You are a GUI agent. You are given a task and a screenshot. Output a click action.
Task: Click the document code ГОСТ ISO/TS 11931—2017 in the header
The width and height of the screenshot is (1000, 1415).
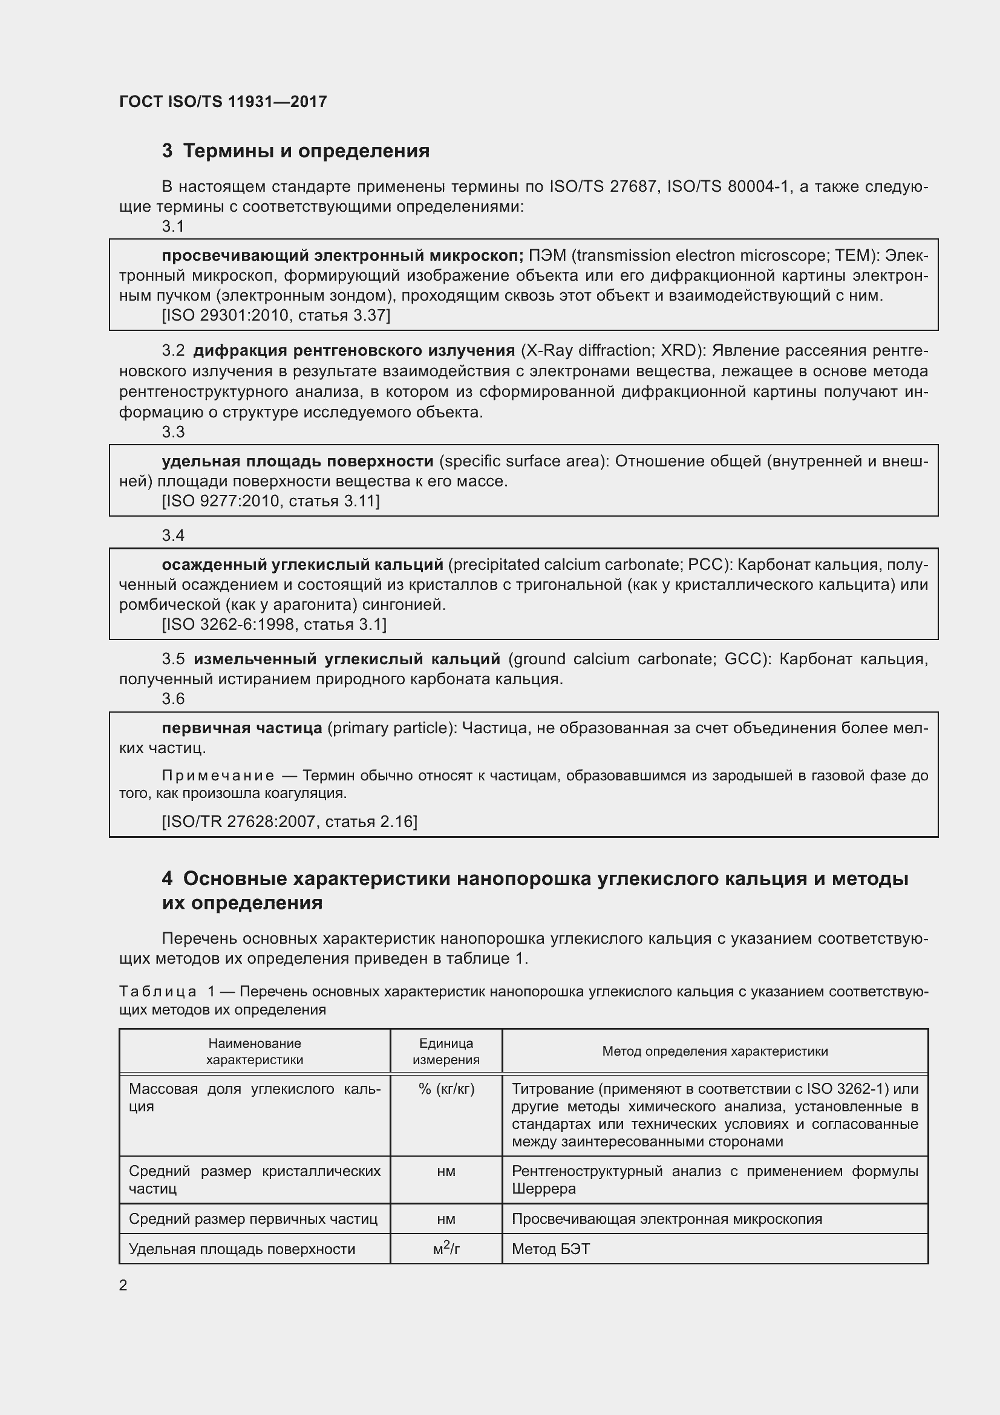pos(223,102)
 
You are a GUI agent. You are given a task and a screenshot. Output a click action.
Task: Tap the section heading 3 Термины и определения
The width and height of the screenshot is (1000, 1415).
pos(296,151)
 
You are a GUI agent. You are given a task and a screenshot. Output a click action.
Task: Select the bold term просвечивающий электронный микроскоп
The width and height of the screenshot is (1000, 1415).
pos(342,256)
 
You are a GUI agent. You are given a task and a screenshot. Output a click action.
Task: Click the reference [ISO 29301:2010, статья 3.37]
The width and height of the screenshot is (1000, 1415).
pos(276,316)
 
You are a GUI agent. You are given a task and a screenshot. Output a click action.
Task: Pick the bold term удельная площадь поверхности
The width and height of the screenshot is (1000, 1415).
pos(298,462)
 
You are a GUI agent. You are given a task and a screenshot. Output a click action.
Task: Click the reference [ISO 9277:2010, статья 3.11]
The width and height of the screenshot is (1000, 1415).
pos(271,501)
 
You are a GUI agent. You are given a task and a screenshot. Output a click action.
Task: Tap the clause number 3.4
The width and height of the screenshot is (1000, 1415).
pos(173,535)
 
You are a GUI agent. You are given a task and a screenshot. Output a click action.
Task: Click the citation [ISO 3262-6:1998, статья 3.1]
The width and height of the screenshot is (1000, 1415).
pos(274,624)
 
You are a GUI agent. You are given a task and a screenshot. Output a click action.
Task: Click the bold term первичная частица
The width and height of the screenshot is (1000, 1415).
pos(241,728)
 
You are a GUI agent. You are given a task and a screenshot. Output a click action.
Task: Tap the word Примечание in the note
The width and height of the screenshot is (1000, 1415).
pos(218,776)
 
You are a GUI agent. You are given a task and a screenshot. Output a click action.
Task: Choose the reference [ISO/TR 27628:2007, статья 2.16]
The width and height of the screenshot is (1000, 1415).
pos(290,822)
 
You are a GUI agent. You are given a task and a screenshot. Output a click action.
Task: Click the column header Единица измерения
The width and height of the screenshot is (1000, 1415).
pos(446,1051)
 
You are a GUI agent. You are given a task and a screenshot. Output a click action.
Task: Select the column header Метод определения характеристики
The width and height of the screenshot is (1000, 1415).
pos(714,1051)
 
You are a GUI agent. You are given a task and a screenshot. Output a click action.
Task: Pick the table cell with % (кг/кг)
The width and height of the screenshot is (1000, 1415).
pos(446,1089)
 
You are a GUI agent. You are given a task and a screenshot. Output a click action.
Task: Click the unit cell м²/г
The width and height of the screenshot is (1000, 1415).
pos(446,1249)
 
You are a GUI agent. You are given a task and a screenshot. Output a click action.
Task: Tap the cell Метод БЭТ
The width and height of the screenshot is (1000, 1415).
pos(551,1249)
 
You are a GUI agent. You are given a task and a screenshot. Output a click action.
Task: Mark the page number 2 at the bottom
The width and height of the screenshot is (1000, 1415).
pos(123,1286)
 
